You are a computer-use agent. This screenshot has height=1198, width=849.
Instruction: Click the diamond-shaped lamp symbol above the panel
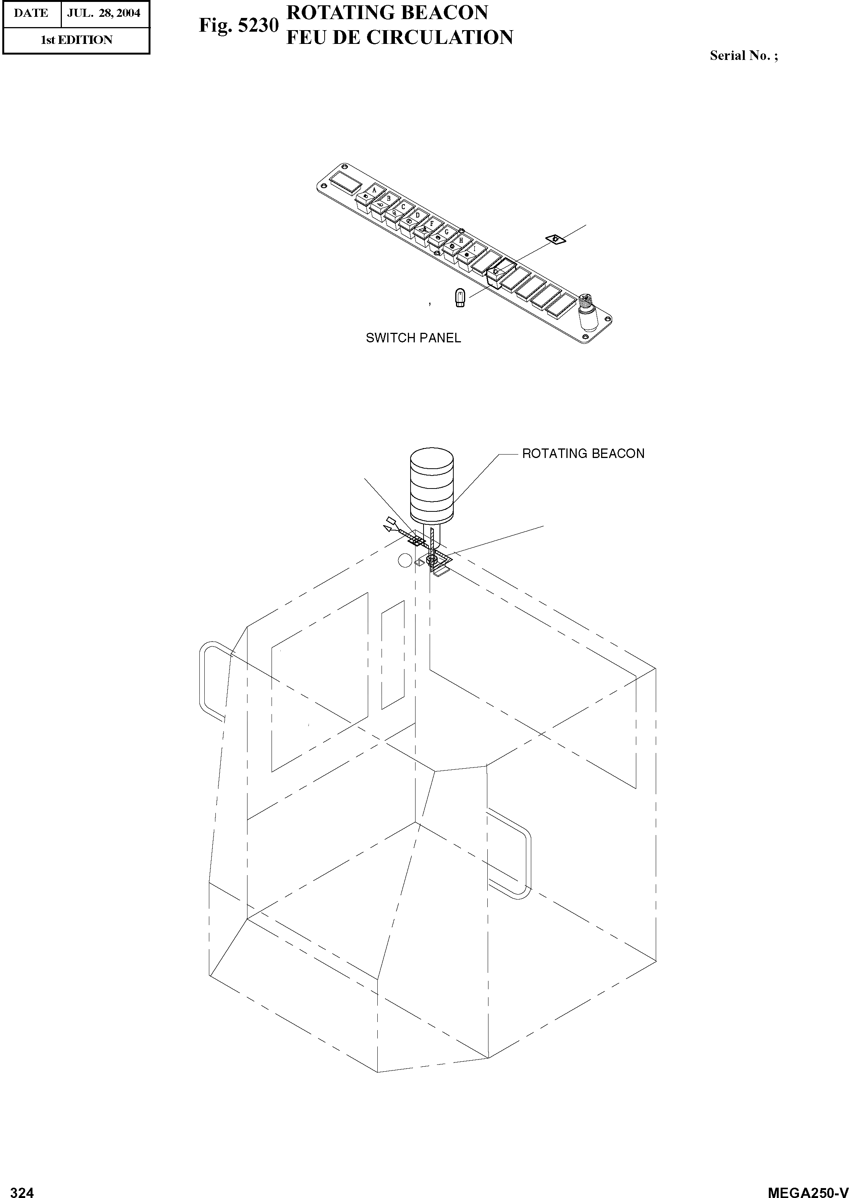(x=556, y=239)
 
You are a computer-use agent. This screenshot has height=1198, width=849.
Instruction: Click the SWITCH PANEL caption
(x=413, y=338)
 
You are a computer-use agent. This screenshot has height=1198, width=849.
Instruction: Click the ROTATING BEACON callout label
(x=583, y=453)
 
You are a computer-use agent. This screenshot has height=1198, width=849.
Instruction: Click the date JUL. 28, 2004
(x=103, y=13)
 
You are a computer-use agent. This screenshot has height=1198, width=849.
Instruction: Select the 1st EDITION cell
(x=76, y=40)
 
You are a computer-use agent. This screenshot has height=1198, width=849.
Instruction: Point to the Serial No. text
(x=743, y=56)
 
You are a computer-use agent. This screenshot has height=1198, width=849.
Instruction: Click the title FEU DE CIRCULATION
(x=399, y=38)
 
